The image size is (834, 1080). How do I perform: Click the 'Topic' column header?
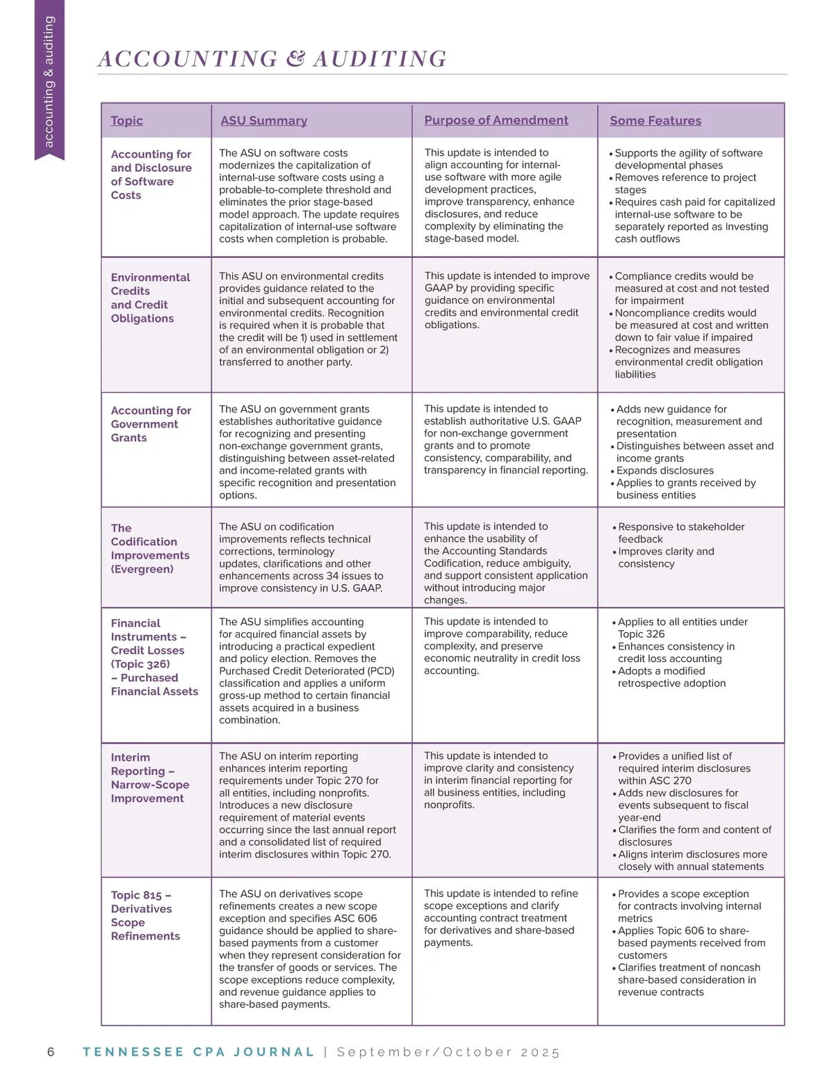[x=126, y=120]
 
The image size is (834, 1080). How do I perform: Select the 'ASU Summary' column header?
[x=263, y=120]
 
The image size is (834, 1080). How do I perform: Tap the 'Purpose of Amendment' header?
[x=496, y=120]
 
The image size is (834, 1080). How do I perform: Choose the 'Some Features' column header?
[x=655, y=120]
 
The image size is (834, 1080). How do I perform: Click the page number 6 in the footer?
[x=51, y=1051]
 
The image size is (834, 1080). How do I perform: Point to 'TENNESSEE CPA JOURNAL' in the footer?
[x=199, y=1051]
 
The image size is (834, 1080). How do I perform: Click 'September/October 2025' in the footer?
[x=448, y=1051]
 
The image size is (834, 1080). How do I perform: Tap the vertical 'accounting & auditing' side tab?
[x=49, y=81]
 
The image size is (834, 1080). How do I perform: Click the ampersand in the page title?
[x=295, y=58]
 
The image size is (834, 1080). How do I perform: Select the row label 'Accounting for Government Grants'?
[x=151, y=424]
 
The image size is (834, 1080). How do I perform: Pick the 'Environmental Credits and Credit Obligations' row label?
[x=150, y=298]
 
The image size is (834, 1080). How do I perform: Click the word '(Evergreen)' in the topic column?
[x=142, y=569]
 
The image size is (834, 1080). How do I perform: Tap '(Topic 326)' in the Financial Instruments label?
[x=140, y=664]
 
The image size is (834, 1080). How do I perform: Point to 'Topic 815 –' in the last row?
[x=141, y=895]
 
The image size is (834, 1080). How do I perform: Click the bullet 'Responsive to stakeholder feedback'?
[x=680, y=533]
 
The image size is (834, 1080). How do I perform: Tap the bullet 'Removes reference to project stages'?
[x=685, y=184]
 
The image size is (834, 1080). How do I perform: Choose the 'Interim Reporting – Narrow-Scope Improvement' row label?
[x=149, y=777]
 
